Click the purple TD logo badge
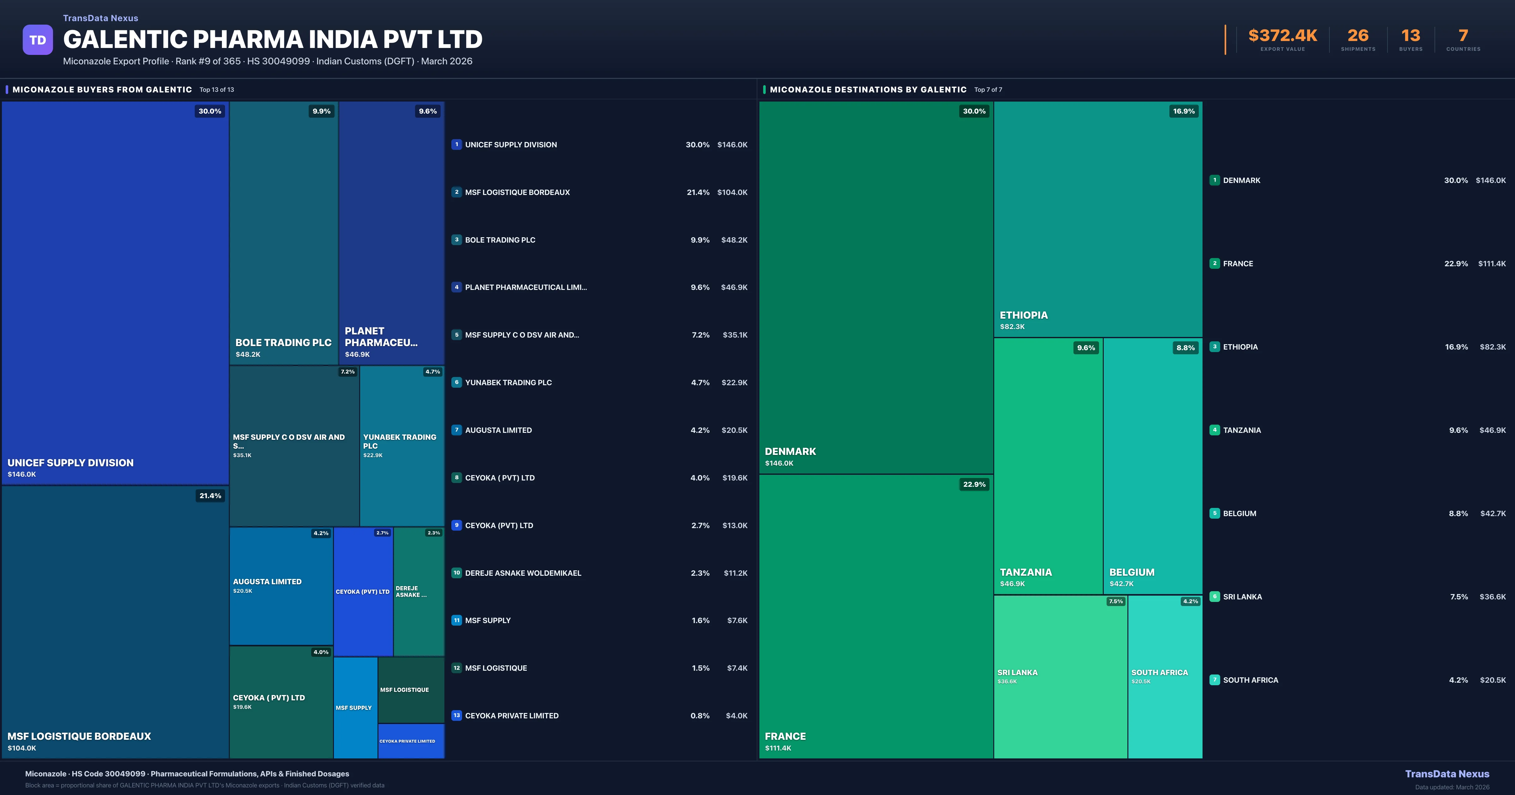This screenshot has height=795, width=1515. [x=38, y=40]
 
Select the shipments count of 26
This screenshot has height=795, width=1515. [x=1358, y=36]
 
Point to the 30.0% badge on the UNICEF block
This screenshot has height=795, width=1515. [x=210, y=111]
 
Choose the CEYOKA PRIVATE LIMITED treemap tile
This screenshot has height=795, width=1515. [x=411, y=741]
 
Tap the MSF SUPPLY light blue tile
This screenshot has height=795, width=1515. [x=355, y=708]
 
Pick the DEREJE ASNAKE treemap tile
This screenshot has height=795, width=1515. [x=418, y=592]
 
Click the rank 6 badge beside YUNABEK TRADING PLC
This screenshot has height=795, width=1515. [x=456, y=382]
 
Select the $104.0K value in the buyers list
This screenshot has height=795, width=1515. [x=732, y=192]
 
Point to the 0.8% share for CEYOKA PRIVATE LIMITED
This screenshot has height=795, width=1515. [x=699, y=715]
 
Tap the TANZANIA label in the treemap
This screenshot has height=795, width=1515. [x=1026, y=572]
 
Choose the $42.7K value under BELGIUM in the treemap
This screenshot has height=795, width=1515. [x=1121, y=584]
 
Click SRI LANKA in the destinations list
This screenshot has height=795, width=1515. [x=1242, y=597]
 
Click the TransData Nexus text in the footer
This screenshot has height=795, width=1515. [x=1447, y=774]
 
